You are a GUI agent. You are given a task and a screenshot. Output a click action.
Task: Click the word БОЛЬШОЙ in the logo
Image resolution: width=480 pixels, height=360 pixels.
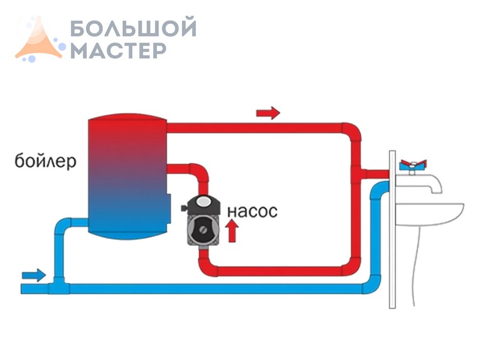point(133,28)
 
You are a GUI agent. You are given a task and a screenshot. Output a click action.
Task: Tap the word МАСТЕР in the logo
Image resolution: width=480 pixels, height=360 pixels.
point(118,50)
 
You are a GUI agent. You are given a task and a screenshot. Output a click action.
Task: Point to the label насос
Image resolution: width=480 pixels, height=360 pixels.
point(252,210)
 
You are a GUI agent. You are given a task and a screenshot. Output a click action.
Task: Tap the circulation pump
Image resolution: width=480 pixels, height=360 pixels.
point(203,223)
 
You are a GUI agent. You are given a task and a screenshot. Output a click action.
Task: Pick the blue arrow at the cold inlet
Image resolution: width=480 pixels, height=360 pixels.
point(34,274)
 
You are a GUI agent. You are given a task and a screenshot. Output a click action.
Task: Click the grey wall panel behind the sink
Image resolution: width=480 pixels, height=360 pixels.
point(392,251)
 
